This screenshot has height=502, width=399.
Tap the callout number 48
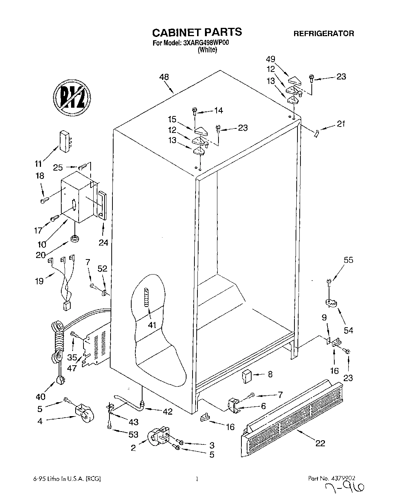pos(164,77)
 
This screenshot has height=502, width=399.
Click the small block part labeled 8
pos(247,375)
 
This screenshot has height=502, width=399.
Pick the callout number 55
pos(349,260)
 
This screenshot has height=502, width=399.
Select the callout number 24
pos(103,243)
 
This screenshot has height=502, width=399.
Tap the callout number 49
pos(270,59)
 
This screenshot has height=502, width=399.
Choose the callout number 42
pos(167,412)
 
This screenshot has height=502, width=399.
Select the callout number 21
pos(341,124)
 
